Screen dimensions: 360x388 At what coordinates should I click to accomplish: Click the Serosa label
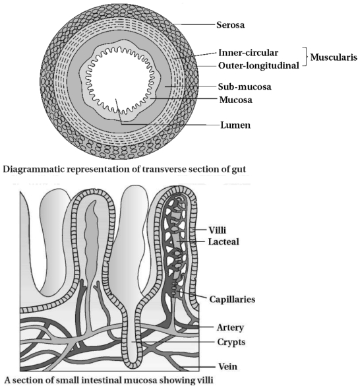pos(231,25)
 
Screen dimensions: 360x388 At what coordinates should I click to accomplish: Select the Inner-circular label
pos(248,53)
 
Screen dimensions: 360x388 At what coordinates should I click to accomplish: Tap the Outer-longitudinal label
pos(258,65)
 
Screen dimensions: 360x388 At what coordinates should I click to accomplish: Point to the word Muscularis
pos(334,57)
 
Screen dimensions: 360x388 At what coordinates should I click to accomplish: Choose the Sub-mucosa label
pos(245,86)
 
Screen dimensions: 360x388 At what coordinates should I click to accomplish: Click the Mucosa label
pos(236,100)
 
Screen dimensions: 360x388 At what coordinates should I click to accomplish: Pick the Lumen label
pos(235,125)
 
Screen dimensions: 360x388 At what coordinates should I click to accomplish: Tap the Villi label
pos(218,230)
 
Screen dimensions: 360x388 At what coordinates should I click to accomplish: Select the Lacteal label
pos(224,242)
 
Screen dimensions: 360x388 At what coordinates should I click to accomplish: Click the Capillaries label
pos(232,300)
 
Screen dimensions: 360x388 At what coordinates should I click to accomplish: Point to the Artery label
pos(230,327)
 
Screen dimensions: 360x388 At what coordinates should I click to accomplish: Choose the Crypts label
pos(231,342)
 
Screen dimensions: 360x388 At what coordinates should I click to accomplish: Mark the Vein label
pos(227,366)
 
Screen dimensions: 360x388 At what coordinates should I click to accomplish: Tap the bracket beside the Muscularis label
pos(305,57)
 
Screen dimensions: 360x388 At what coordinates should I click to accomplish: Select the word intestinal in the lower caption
pos(102,380)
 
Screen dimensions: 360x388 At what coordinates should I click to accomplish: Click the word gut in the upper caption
pos(239,170)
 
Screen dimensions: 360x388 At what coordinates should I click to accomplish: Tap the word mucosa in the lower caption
pos(137,380)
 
